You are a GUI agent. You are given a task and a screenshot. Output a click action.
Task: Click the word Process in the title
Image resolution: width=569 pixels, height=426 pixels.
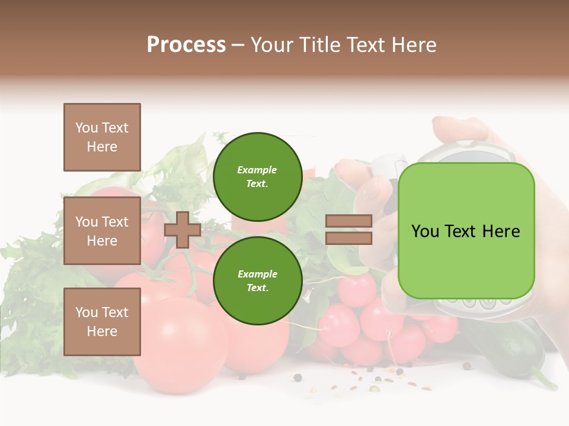(x=186, y=45)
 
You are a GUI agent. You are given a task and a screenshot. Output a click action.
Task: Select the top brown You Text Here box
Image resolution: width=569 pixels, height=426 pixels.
(x=102, y=137)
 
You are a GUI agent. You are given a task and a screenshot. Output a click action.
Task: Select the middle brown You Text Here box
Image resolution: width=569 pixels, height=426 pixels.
(x=102, y=231)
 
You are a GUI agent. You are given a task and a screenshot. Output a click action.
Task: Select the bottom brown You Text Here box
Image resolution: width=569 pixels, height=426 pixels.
(x=102, y=322)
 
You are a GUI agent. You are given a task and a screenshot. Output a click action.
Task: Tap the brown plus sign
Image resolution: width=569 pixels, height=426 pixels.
(x=183, y=230)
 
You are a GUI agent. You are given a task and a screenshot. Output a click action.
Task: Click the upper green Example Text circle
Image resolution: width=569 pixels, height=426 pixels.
(x=257, y=176)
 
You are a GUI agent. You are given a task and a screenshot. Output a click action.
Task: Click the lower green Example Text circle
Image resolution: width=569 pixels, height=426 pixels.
(x=257, y=280)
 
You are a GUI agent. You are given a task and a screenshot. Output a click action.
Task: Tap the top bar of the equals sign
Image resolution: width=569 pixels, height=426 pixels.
(x=349, y=221)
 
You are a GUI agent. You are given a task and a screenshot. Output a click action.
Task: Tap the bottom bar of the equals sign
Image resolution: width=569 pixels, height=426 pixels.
(x=349, y=238)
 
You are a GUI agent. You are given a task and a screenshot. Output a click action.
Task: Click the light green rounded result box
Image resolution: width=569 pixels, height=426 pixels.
(x=466, y=231)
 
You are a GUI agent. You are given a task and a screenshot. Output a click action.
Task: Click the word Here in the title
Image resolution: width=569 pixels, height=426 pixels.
(x=414, y=45)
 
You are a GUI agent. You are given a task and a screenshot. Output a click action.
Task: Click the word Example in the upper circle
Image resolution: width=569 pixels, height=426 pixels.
(x=257, y=170)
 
